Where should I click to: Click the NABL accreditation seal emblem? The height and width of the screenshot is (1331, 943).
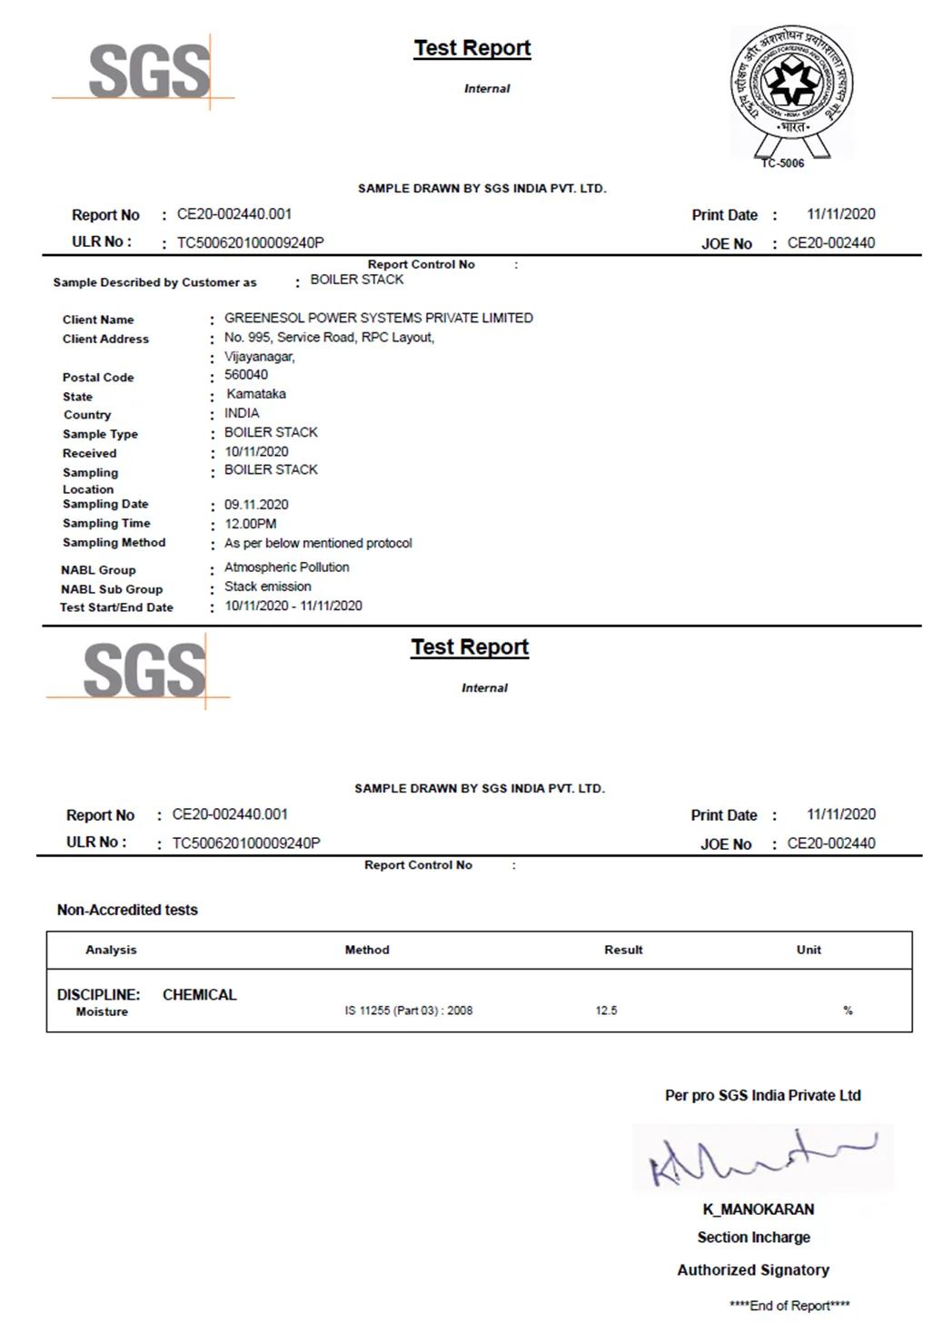point(792,86)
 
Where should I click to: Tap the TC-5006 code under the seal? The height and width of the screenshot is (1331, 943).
point(782,163)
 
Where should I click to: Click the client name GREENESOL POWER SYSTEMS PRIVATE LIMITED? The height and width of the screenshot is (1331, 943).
point(378,318)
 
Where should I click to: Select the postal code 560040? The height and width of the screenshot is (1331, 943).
point(245,374)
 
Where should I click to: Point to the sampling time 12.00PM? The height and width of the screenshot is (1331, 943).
point(251,524)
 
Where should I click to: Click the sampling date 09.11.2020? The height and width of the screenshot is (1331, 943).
point(256,505)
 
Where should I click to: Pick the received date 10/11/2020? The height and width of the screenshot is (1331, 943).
point(256,451)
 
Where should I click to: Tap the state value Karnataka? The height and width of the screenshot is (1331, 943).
point(255,394)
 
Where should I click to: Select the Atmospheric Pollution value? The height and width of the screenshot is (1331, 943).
point(286,567)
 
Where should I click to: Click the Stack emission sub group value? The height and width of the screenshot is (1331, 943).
point(267,587)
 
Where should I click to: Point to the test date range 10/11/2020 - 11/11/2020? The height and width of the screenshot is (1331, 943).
point(293,606)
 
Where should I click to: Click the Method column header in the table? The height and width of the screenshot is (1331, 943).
point(367,950)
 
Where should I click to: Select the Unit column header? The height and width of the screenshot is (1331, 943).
point(809,950)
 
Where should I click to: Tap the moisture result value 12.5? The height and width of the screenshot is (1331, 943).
point(606,1011)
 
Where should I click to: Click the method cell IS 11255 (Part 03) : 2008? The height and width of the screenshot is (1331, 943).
point(408,1011)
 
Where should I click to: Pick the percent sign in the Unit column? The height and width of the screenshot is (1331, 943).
point(848,1011)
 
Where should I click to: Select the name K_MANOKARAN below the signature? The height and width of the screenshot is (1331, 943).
point(758,1209)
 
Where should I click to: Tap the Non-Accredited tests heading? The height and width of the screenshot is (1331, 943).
point(127,910)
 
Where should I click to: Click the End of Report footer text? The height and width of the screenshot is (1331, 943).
point(789,1306)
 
